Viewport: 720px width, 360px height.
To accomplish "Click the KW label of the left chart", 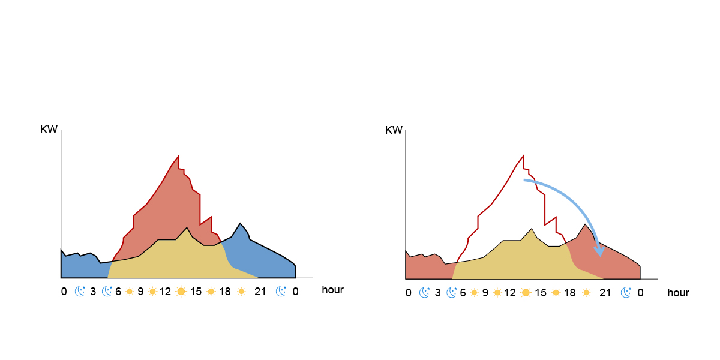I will (49, 130).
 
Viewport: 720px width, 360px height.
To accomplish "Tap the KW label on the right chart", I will (394, 130).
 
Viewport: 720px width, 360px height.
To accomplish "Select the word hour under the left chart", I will (333, 290).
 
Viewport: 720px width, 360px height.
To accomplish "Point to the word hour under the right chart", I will (678, 293).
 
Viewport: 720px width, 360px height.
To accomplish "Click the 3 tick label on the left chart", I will (93, 292).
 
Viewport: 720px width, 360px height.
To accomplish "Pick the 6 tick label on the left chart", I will (118, 292).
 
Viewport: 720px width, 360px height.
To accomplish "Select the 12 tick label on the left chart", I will (165, 292).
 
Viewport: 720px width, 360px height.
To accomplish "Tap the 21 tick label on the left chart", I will (260, 292).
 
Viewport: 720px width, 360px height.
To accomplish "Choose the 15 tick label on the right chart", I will (541, 293).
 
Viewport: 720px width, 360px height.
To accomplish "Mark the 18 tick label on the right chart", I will (570, 293).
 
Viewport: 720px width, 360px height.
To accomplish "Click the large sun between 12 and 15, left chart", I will (181, 292).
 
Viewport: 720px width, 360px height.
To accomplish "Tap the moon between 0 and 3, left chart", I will (80, 292).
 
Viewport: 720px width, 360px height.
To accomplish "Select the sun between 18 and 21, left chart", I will (241, 292).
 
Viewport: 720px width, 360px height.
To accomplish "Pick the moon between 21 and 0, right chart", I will (626, 292).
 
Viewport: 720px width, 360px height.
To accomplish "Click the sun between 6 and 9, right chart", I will (473, 292).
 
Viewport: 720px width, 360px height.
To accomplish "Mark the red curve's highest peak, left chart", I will (179, 156).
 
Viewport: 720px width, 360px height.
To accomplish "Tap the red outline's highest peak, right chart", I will (524, 156).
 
